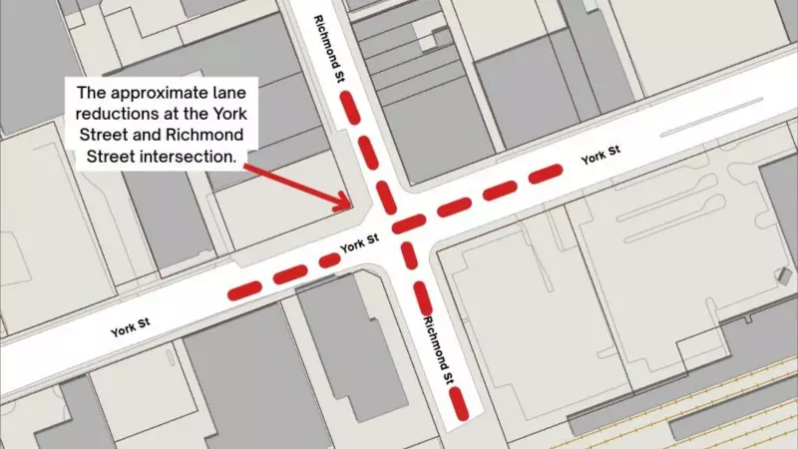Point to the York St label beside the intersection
point(359,242)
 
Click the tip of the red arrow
point(348,207)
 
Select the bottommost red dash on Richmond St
point(459,402)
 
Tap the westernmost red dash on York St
point(244,290)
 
